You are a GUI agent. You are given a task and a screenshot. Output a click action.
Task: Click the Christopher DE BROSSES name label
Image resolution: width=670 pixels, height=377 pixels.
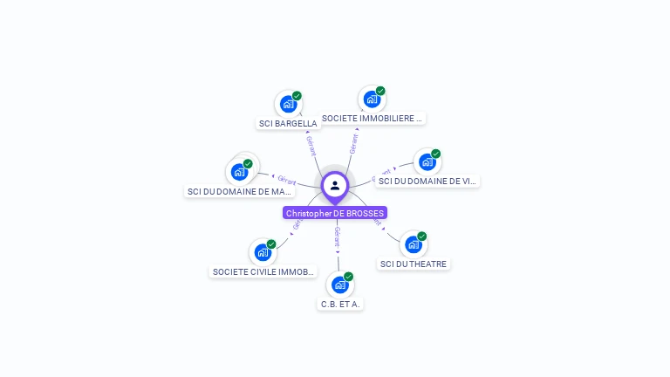tap(335, 213)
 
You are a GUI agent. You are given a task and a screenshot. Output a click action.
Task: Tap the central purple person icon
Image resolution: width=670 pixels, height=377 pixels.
tap(335, 185)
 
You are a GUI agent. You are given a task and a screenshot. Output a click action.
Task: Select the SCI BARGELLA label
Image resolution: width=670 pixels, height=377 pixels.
tap(288, 123)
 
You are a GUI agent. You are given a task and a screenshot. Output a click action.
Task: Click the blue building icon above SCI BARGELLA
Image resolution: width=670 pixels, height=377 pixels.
tap(288, 105)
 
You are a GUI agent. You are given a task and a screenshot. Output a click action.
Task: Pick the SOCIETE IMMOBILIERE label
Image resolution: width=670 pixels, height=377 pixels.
tap(372, 118)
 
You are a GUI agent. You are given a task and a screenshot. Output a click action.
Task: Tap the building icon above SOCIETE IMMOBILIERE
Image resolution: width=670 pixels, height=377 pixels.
tap(372, 99)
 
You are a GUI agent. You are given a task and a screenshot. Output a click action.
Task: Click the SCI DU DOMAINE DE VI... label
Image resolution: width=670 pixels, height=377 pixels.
tap(427, 181)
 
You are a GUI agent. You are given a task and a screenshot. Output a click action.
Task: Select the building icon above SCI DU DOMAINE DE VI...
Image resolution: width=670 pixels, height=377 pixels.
tap(427, 161)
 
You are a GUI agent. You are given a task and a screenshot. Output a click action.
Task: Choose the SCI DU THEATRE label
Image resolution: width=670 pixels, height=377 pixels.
tap(414, 264)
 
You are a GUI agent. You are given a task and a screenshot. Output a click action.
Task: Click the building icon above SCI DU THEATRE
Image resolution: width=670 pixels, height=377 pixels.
tap(413, 244)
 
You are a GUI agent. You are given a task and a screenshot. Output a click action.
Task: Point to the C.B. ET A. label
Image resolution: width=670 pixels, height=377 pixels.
tap(340, 304)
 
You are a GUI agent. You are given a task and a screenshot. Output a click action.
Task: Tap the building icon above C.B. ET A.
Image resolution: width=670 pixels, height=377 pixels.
tap(339, 284)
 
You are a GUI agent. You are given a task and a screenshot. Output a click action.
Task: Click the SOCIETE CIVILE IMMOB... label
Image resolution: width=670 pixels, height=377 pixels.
tap(263, 271)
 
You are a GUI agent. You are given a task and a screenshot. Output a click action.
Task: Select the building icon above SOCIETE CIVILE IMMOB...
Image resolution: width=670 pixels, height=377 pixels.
tap(263, 252)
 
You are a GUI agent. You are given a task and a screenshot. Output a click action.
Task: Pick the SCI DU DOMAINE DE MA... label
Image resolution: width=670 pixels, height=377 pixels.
tap(240, 191)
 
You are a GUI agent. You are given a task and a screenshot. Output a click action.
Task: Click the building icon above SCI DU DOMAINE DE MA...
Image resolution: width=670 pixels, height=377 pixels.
tap(239, 172)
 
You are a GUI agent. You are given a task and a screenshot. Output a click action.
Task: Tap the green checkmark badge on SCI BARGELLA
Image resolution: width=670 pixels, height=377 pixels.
tap(297, 96)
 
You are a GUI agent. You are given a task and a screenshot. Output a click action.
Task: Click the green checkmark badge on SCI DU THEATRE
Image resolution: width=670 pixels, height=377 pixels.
tap(421, 236)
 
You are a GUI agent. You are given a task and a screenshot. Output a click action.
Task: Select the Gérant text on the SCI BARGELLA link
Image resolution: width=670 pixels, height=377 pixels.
tap(311, 146)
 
